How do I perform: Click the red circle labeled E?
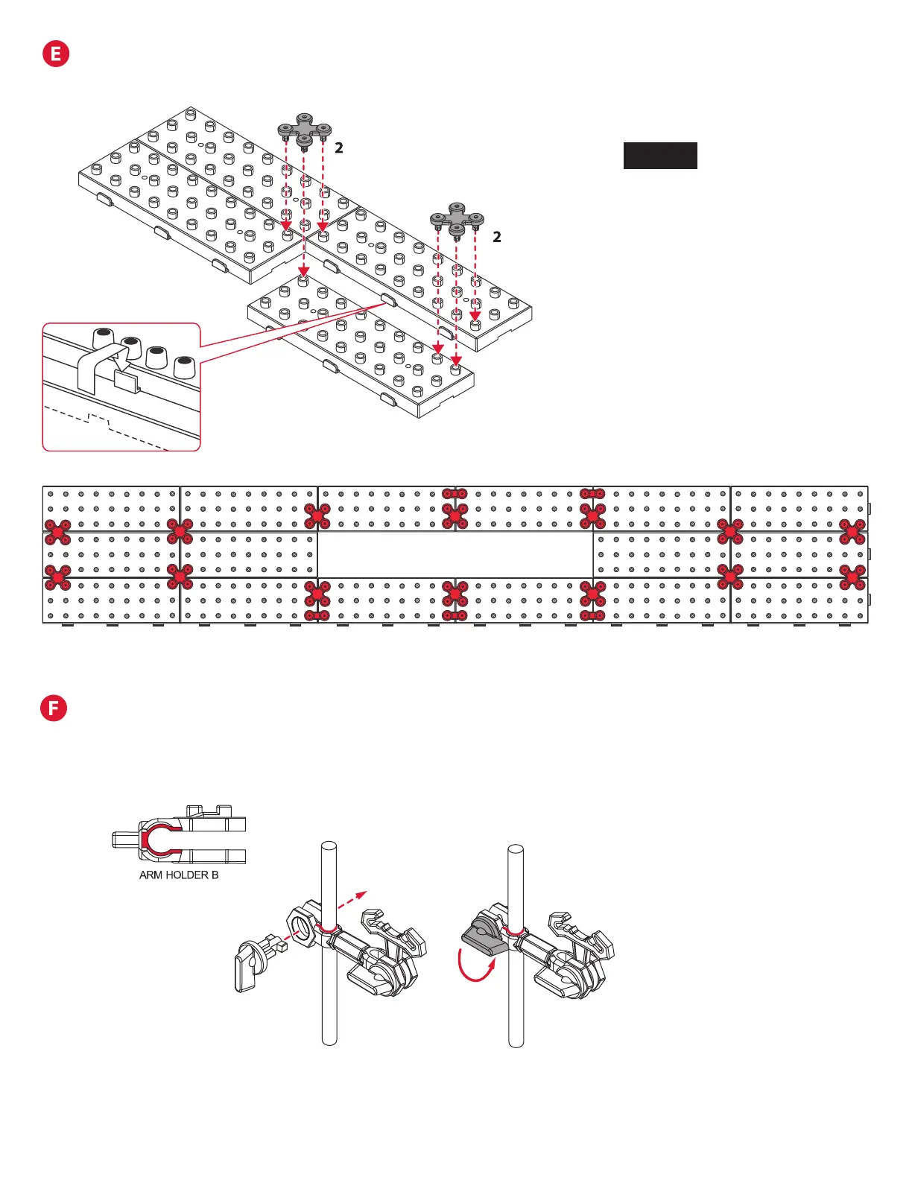56,54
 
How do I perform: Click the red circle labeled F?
54,708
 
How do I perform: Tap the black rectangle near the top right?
660,156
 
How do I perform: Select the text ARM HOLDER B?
179,875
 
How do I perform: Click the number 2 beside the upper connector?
339,148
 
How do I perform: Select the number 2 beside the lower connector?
497,238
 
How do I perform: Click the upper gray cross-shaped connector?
304,129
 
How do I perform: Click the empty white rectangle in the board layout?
455,554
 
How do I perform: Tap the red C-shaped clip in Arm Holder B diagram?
153,840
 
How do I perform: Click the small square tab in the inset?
127,382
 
